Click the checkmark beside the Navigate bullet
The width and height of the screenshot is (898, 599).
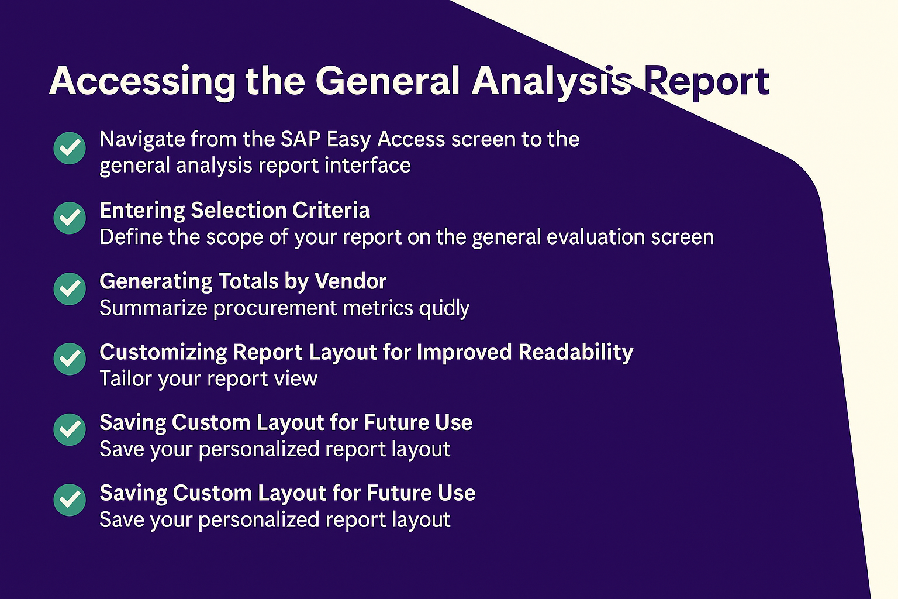click(70, 148)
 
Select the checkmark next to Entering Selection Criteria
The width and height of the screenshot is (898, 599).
click(70, 218)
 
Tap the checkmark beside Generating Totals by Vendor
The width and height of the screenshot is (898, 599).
click(70, 289)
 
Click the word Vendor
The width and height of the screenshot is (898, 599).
click(350, 281)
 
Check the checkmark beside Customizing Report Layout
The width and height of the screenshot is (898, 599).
click(70, 359)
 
